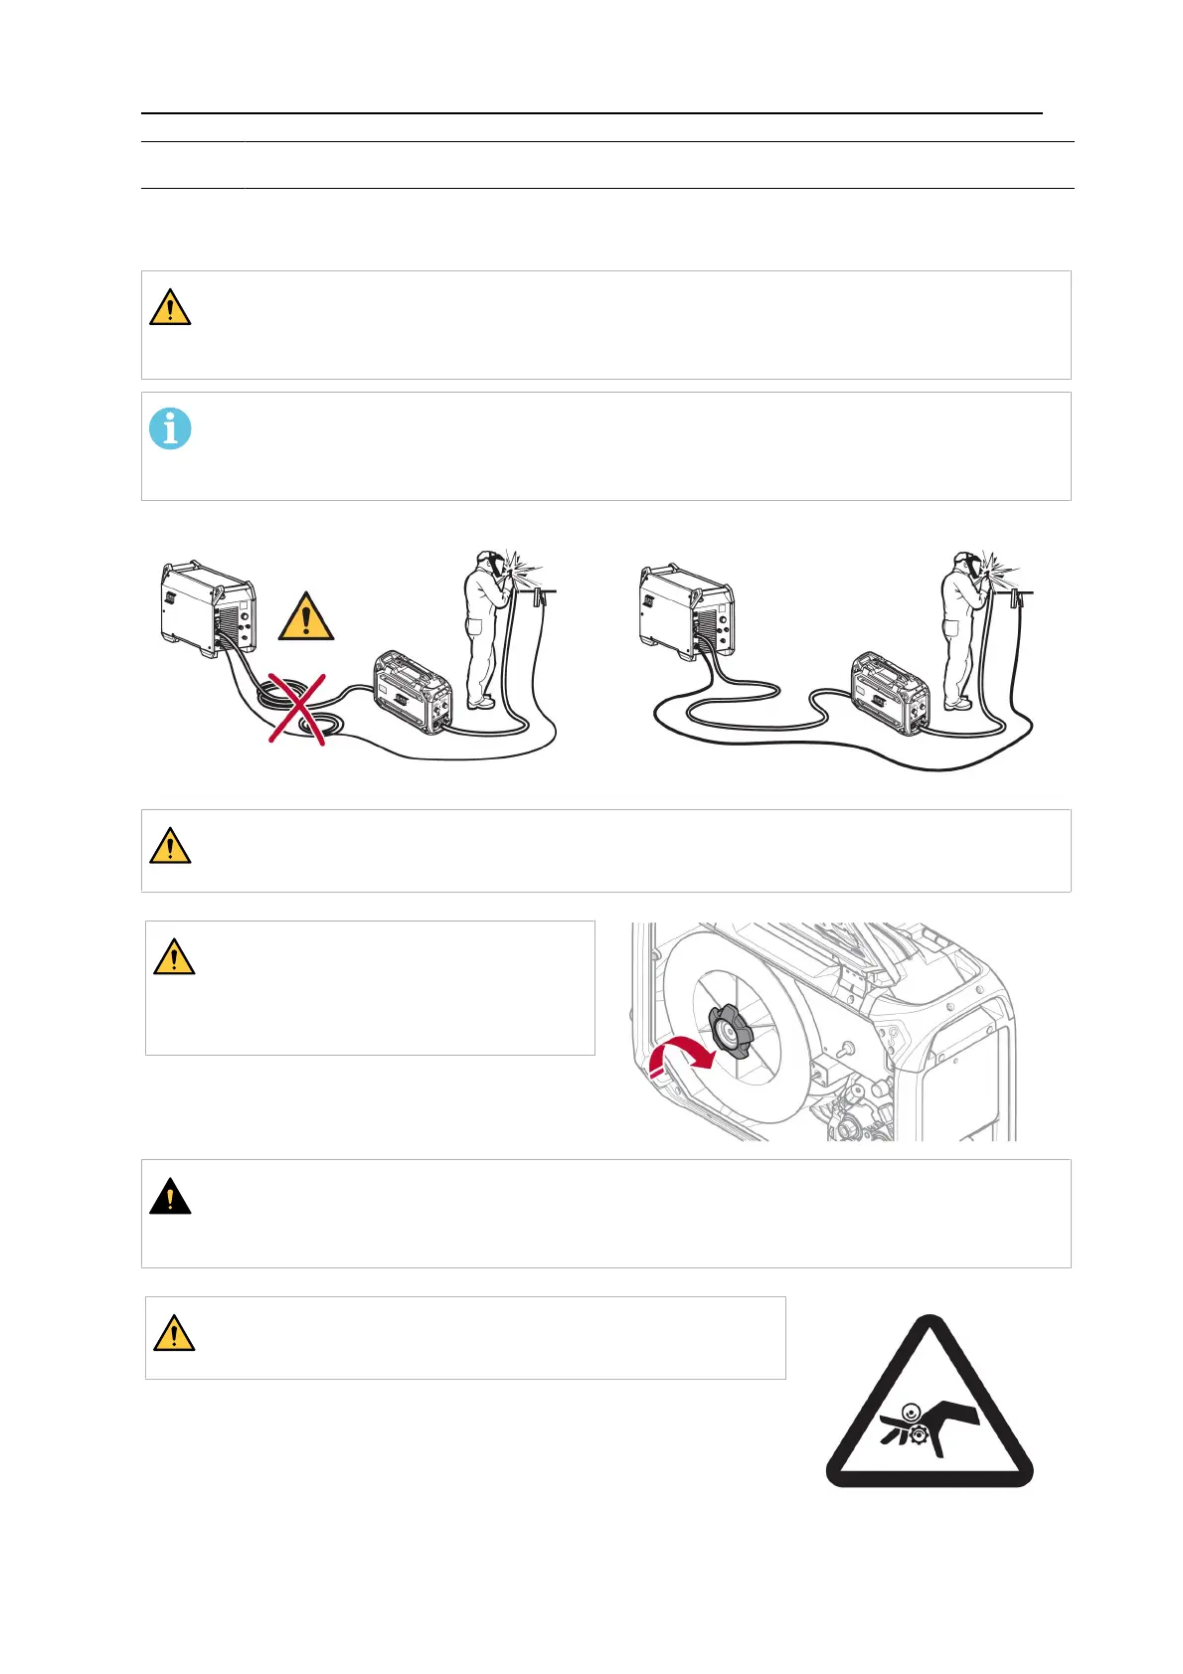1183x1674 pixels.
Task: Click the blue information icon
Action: [x=170, y=429]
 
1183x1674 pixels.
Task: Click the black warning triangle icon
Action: [x=170, y=1197]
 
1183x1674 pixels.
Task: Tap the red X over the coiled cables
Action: [x=297, y=708]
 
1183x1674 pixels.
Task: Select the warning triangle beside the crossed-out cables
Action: [x=306, y=617]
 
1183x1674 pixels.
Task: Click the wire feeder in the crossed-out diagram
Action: [x=413, y=693]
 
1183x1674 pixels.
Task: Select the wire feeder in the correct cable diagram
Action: [x=890, y=693]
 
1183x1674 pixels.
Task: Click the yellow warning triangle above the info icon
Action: [x=170, y=308]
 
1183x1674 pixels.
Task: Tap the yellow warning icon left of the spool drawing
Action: [x=174, y=957]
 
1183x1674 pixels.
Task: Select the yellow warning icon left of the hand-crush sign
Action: [x=174, y=1333]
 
